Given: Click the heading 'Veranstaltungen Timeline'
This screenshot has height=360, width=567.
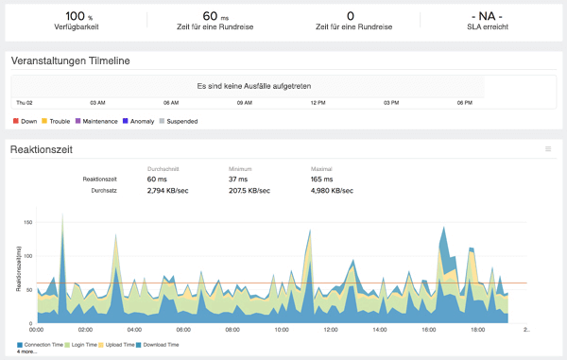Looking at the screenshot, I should click(x=70, y=61).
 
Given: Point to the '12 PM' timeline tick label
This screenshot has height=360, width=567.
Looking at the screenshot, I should click(x=318, y=102).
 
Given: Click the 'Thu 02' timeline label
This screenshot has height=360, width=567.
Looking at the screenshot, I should click(x=25, y=102).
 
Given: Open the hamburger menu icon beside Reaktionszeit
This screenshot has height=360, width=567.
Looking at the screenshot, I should click(x=548, y=149).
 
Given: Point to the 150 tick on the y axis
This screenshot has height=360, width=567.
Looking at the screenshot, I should click(x=28, y=223).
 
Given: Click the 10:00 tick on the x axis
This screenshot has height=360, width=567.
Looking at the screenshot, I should click(x=282, y=331).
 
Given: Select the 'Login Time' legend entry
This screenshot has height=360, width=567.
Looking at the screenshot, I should click(x=90, y=345).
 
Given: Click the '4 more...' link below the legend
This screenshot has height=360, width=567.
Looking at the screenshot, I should click(x=28, y=351).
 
